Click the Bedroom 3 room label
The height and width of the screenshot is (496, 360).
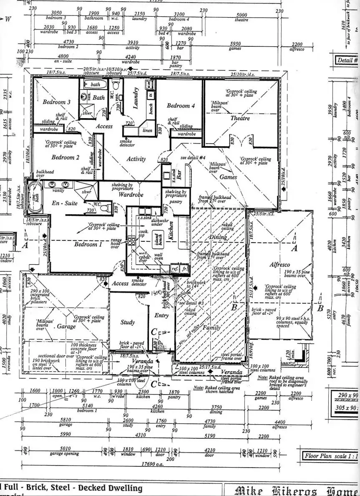tap(56, 102)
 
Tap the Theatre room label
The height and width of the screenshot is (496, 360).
tap(240, 118)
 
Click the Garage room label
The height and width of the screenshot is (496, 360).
tap(66, 326)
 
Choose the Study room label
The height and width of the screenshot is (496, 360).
tap(127, 322)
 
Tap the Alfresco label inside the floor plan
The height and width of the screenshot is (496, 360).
tap(279, 265)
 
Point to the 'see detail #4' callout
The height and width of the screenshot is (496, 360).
tap(194, 158)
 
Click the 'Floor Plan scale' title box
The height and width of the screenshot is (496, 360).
tap(330, 456)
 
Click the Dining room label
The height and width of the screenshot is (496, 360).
tap(218, 237)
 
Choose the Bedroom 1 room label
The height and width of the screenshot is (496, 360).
tap(88, 244)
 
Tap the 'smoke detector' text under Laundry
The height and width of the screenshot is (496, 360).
tap(127, 143)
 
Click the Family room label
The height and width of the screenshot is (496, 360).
tap(211, 328)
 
